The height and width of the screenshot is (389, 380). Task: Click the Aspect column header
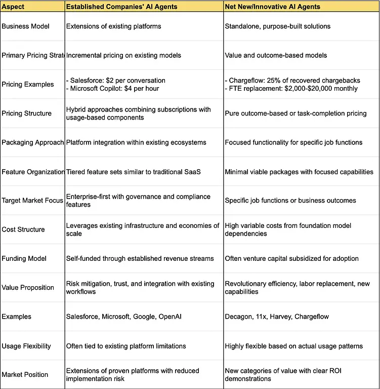point(14,7)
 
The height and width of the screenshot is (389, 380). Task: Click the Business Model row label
point(25,26)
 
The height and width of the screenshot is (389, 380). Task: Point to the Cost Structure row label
point(23,229)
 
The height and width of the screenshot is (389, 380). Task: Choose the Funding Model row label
point(24,258)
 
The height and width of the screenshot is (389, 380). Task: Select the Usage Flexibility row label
point(26,346)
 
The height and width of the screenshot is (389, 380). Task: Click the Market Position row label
point(25,375)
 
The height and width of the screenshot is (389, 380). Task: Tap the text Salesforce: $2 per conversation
point(116,80)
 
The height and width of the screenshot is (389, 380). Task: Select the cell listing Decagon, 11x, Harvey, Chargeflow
point(277,317)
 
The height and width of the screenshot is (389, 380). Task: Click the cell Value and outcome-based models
point(276,55)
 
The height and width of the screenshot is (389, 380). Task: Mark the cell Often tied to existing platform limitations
point(126,346)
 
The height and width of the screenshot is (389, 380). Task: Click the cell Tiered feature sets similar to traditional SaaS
point(134,172)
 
